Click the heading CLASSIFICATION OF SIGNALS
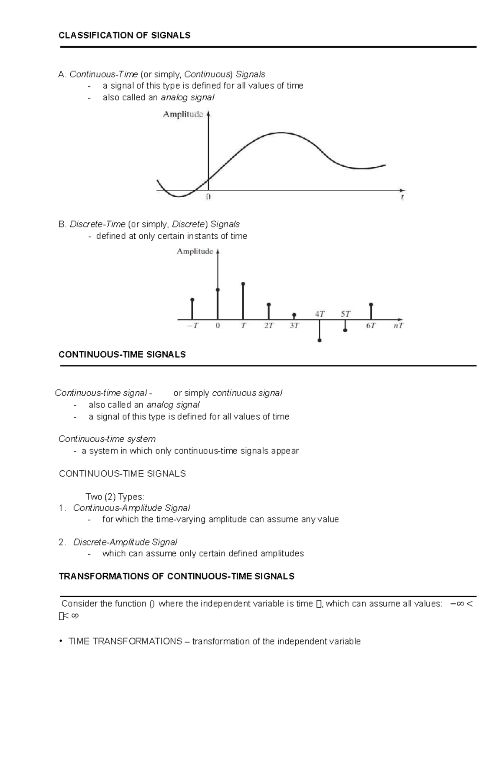pos(124,35)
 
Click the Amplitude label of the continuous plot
pos(183,114)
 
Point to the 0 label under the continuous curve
pos(208,197)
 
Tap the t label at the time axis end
pos(402,197)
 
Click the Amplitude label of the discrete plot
pos(195,251)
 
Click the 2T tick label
pos(269,326)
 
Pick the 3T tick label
pos(294,326)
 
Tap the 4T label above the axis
pos(320,313)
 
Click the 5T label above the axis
pos(345,313)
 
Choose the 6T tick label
pos(371,326)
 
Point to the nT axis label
pos(398,326)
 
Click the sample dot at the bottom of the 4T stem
pos(320,341)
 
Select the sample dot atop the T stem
pos(243,284)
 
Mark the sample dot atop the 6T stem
pos(371,305)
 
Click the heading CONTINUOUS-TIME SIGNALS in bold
pos(122,354)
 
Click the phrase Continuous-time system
pos(107,439)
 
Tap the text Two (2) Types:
pos(115,497)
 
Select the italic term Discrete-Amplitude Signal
pos(125,542)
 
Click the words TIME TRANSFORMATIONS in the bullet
pos(125,641)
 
